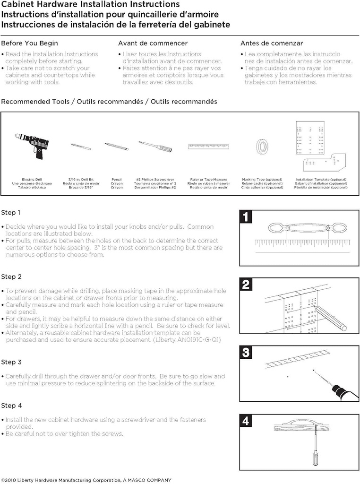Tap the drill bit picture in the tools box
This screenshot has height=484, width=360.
click(x=81, y=147)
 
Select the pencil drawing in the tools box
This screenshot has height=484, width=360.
click(x=116, y=146)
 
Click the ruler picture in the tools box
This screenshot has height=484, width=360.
click(x=208, y=147)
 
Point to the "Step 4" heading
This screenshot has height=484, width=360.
click(x=11, y=406)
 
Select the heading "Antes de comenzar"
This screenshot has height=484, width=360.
click(x=272, y=43)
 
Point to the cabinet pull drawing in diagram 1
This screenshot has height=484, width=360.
click(x=308, y=228)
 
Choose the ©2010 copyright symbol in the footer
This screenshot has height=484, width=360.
click(x=3, y=480)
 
